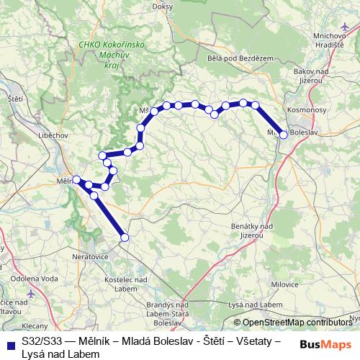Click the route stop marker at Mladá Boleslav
[284, 135]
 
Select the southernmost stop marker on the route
[125, 237]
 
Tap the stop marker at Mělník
[76, 179]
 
